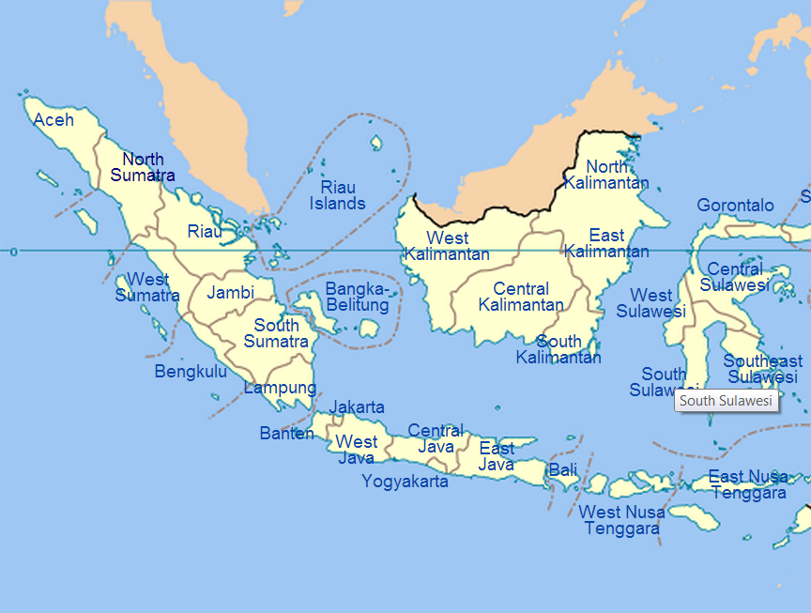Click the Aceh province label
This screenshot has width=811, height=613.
pos(54,120)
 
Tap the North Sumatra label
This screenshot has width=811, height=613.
pos(143,167)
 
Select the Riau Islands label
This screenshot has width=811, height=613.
pos(338,195)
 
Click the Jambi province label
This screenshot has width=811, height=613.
pos(231,292)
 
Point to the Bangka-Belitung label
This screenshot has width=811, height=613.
pos(357,297)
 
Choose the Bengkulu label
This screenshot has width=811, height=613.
pos(191,372)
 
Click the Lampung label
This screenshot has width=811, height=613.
pos(280,388)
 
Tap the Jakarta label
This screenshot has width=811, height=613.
pos(357,407)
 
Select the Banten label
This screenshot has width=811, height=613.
pos(287,434)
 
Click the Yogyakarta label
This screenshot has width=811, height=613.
pos(405,482)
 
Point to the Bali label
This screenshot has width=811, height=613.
pos(563,470)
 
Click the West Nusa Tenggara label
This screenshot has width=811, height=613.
pos(621,520)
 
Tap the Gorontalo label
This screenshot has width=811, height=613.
pos(735,206)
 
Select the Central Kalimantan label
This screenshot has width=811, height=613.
pos(521,297)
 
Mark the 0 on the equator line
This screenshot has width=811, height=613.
pos(13,252)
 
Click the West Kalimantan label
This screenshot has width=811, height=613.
pos(447,246)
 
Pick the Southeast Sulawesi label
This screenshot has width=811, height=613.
pos(762,369)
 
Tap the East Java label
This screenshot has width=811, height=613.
pos(497,456)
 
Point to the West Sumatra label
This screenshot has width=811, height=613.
pos(147,287)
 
